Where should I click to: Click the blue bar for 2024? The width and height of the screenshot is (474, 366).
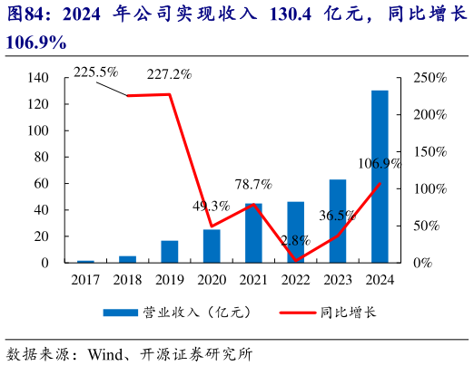tap(380, 177)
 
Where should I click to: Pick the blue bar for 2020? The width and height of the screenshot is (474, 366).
tap(212, 246)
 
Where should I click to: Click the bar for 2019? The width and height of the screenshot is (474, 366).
tap(170, 252)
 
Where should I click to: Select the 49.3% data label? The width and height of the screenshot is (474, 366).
tap(211, 207)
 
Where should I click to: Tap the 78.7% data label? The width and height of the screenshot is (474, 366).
tap(253, 185)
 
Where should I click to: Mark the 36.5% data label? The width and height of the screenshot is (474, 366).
tap(338, 216)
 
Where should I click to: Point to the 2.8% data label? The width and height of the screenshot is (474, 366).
tap(295, 241)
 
